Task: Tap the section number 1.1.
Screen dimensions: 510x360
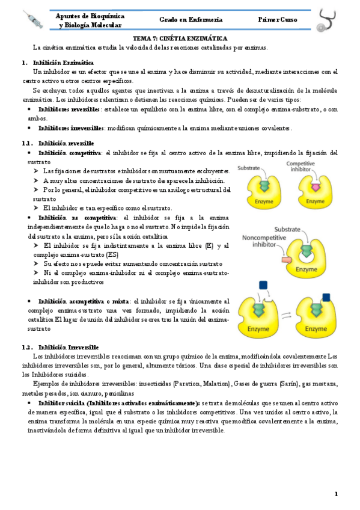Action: coord(26,144)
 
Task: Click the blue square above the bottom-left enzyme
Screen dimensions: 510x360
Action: coord(263,285)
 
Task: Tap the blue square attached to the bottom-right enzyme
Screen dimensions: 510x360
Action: coord(326,296)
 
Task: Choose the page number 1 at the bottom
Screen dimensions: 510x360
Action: coord(337,494)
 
